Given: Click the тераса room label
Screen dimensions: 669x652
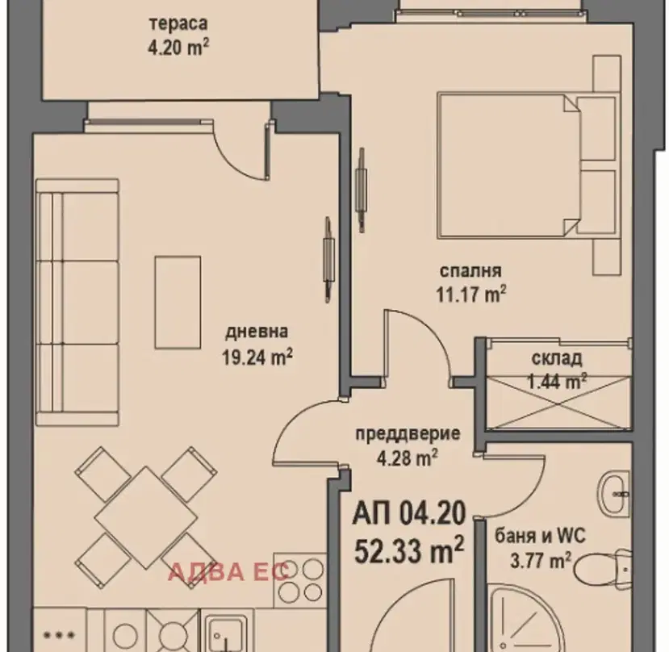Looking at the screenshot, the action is click(178, 24).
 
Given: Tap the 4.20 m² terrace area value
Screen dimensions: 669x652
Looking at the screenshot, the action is click(178, 47).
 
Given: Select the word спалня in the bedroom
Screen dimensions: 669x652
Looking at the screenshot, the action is click(470, 271).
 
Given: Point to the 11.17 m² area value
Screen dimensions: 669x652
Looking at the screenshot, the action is click(470, 294).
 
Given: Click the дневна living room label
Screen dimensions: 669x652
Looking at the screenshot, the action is click(257, 332).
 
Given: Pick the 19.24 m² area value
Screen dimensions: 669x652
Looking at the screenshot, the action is click(257, 357).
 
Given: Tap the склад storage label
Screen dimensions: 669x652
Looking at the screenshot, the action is click(557, 359).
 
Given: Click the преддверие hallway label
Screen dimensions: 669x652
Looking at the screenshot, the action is click(408, 434).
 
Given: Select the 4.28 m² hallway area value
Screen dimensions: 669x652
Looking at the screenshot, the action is click(407, 458).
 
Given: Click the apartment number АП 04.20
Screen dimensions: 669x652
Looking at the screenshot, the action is click(408, 513).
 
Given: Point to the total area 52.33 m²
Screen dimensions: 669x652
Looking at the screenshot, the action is click(408, 550).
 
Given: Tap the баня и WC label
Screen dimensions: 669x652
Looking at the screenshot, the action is click(540, 536).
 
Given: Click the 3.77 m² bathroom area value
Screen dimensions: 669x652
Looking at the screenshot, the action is click(541, 560).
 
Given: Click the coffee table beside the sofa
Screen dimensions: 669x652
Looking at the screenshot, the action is click(178, 302).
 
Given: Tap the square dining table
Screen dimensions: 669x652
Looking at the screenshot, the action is click(146, 517).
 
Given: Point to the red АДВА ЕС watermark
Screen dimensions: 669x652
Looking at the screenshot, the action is click(228, 572).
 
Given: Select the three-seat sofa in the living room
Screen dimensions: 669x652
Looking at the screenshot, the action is click(77, 302).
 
